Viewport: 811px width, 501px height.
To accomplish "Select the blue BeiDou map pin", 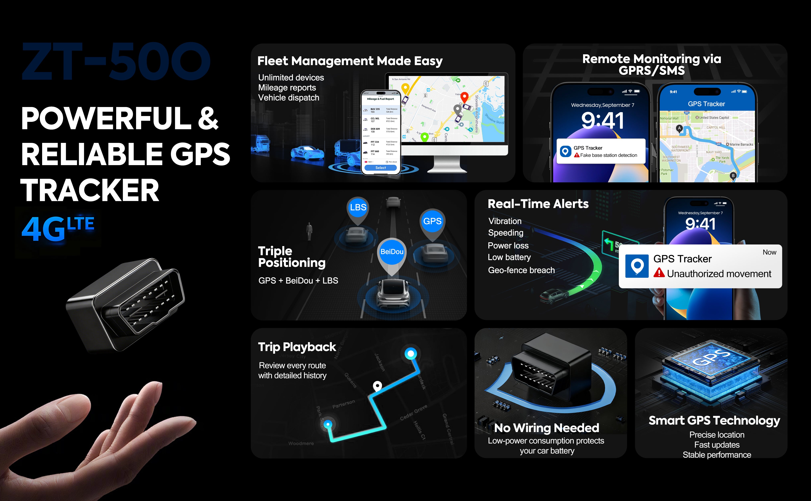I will [x=392, y=252].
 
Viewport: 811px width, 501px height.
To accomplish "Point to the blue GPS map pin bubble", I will [x=432, y=221].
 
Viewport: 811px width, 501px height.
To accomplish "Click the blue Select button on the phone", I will [x=380, y=168].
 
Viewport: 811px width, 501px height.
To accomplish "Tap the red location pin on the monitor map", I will [x=464, y=97].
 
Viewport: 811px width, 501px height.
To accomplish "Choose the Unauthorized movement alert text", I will [x=719, y=274].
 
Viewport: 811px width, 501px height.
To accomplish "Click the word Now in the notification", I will [x=769, y=252].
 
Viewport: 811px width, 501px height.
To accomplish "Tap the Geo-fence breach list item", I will [x=521, y=270].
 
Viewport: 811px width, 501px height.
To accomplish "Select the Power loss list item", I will [x=508, y=245].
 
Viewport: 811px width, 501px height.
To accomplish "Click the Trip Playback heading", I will [x=297, y=347].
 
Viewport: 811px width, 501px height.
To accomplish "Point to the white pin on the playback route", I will [x=377, y=386].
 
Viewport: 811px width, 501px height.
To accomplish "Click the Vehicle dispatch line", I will [x=289, y=98].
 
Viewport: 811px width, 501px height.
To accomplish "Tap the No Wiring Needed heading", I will [x=547, y=428].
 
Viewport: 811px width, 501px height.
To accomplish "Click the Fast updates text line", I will [x=717, y=445].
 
